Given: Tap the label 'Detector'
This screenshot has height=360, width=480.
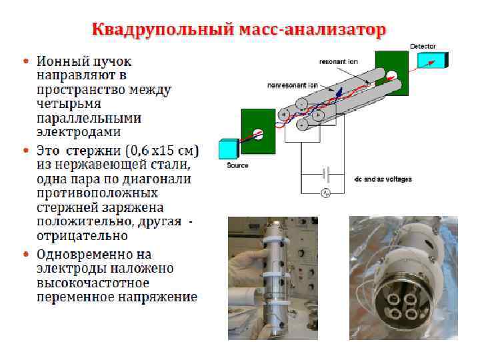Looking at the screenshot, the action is point(423,47).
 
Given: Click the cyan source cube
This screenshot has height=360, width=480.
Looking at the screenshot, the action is point(229,148).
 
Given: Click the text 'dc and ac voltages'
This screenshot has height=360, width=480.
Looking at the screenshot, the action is point(383,179).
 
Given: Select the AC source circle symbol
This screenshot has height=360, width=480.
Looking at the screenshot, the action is point(326,193).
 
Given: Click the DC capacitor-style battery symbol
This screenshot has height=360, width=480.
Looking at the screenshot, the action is point(326,174).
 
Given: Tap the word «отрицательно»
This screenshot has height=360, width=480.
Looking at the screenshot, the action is point(82,236).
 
